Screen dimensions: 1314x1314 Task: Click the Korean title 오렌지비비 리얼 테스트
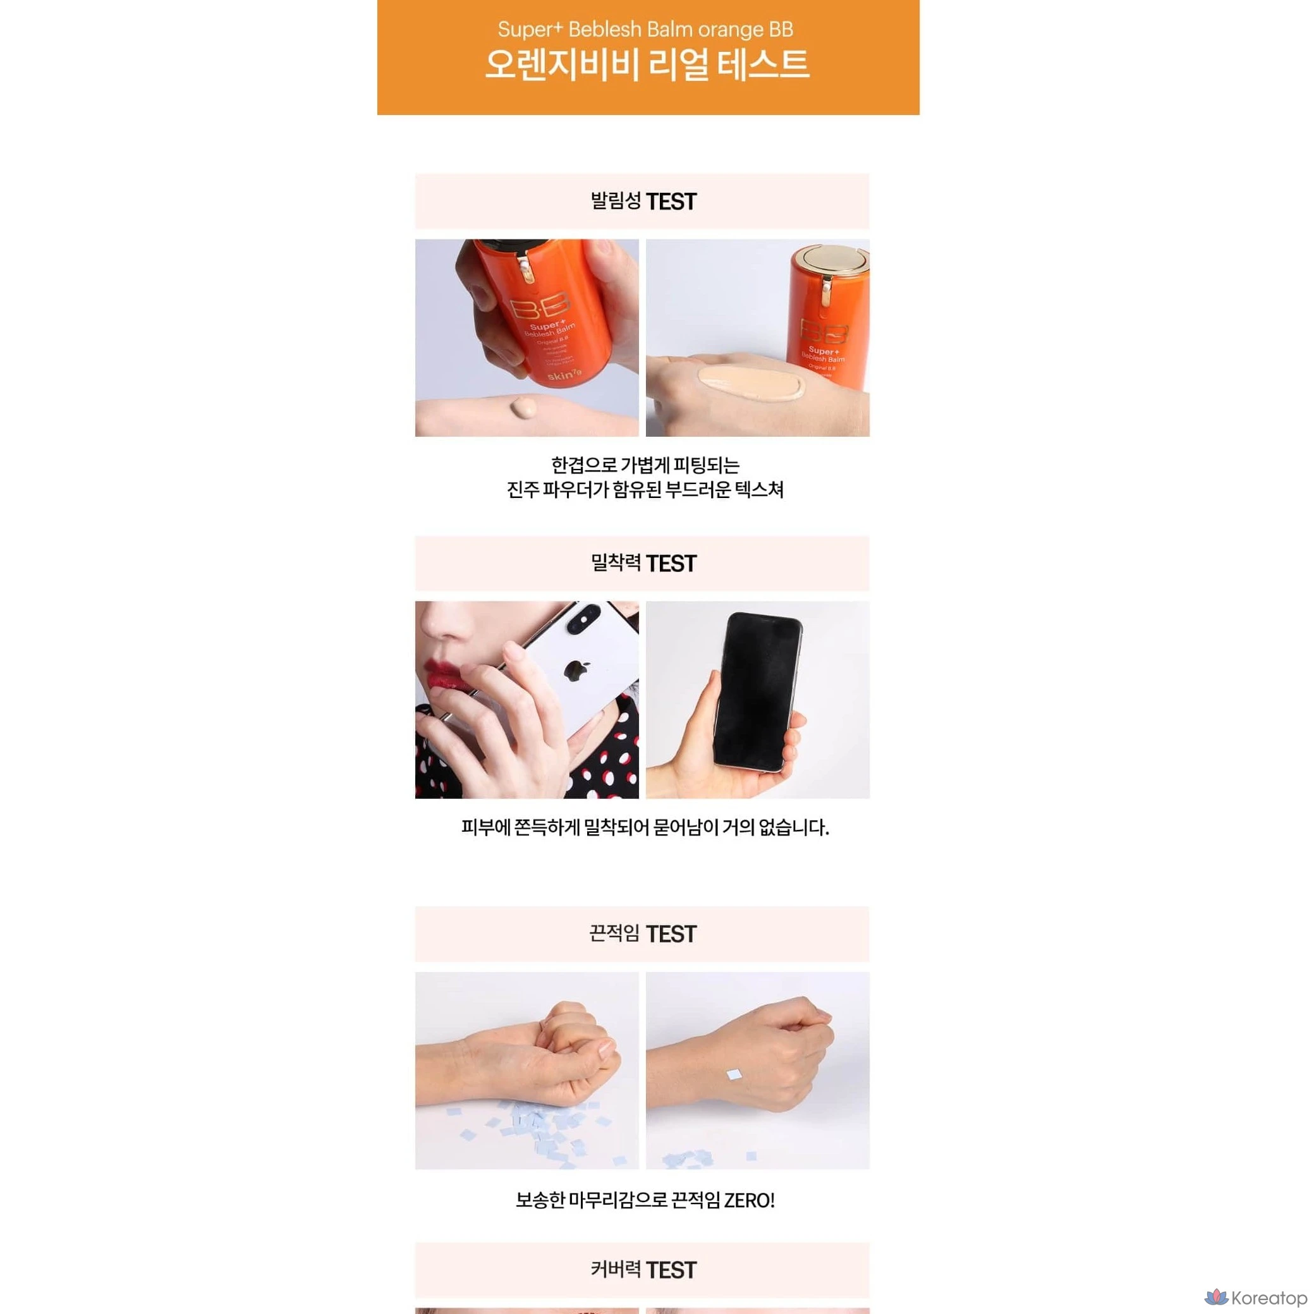[x=647, y=64]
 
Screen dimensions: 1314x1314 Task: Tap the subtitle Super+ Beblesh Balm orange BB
[x=645, y=29]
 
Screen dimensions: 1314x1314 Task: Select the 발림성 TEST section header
[x=643, y=202]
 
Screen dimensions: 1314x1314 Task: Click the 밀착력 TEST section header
[x=643, y=563]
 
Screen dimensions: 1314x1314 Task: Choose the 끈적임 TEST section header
[x=643, y=934]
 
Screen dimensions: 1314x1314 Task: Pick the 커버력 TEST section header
[x=643, y=1270]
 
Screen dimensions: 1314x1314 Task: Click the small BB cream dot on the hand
[x=525, y=409]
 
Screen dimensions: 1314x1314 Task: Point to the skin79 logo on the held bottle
[x=564, y=374]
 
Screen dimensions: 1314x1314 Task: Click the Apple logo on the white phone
[x=576, y=670]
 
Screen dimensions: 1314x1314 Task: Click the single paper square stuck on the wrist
[x=735, y=1074]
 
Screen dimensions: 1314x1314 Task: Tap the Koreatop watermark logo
[x=1255, y=1298]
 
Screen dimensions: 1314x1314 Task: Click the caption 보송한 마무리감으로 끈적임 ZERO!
[x=645, y=1200]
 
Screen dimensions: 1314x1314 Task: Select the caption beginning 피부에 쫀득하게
[x=645, y=828]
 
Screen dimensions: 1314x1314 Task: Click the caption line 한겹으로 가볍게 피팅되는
[x=645, y=465]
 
